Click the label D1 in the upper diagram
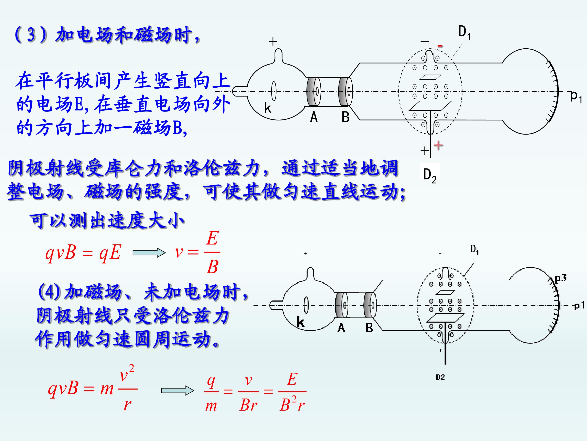pyautogui.click(x=464, y=33)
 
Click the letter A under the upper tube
pyautogui.click(x=314, y=117)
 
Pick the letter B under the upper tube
pyautogui.click(x=345, y=117)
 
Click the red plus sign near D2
pyautogui.click(x=438, y=145)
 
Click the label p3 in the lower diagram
pyautogui.click(x=561, y=278)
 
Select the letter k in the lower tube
pyautogui.click(x=301, y=322)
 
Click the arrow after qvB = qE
pyautogui.click(x=149, y=253)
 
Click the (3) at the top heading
pyautogui.click(x=31, y=35)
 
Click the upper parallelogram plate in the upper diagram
pyautogui.click(x=430, y=77)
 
